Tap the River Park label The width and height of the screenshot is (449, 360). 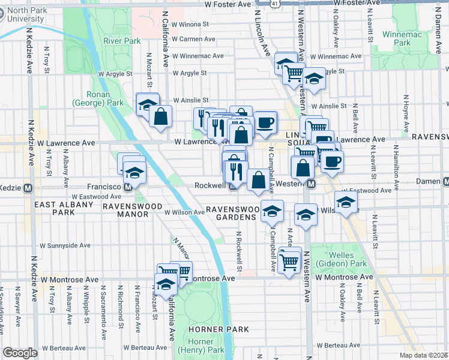121,41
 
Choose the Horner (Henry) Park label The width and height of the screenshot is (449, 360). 199,344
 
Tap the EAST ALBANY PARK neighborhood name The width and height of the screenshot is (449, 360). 64,208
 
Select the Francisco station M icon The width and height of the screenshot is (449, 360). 128,187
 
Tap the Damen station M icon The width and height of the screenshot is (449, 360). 444,181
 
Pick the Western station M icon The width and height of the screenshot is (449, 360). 311,184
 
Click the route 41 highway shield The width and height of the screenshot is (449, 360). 274,4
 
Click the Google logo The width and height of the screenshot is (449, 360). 20,353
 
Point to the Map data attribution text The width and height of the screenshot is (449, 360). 424,355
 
